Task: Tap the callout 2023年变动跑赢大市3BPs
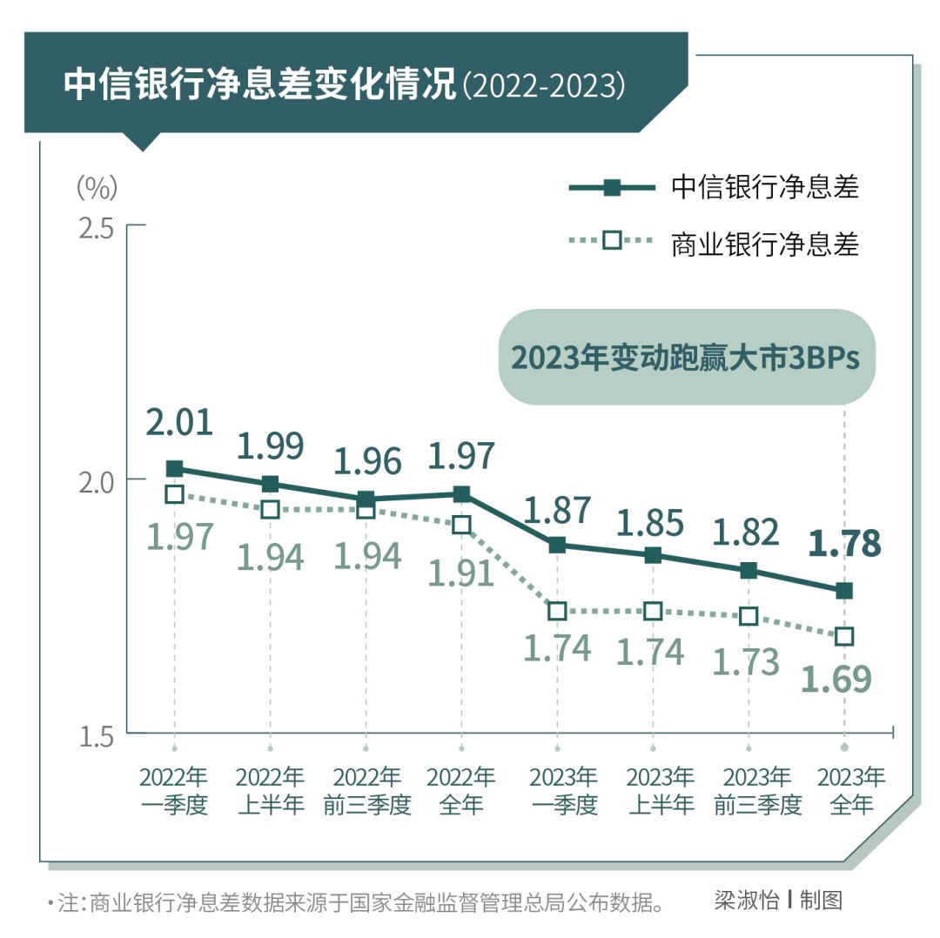pyautogui.click(x=685, y=358)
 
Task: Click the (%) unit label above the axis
pyautogui.click(x=96, y=185)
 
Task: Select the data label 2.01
pyautogui.click(x=179, y=423)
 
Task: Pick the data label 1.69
pyautogui.click(x=836, y=680)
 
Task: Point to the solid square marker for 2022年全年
pyautogui.click(x=461, y=494)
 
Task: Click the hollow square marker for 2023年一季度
pyautogui.click(x=557, y=612)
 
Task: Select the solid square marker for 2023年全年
pyautogui.click(x=843, y=591)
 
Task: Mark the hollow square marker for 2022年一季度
pyautogui.click(x=174, y=494)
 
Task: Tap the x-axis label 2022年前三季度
pyautogui.click(x=366, y=791)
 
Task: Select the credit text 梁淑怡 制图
pyautogui.click(x=778, y=900)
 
